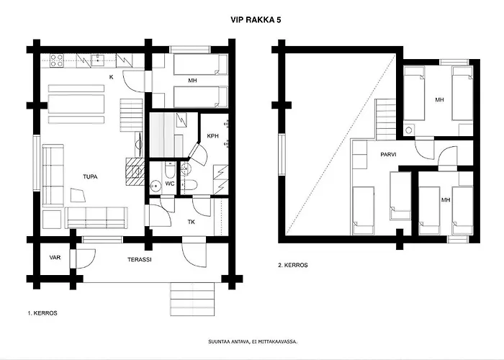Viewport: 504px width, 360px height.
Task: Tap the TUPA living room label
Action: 90,176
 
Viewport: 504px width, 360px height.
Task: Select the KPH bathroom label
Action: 212,135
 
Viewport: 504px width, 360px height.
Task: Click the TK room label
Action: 192,222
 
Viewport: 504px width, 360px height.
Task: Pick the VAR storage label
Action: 54,258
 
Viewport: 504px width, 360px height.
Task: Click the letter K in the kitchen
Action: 110,76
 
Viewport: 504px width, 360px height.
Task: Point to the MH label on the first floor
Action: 192,81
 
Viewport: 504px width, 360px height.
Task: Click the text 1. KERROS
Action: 43,313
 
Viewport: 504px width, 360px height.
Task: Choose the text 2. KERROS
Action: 293,265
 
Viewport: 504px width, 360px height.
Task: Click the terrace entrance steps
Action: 192,295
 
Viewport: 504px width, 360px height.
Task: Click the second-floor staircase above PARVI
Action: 386,117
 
